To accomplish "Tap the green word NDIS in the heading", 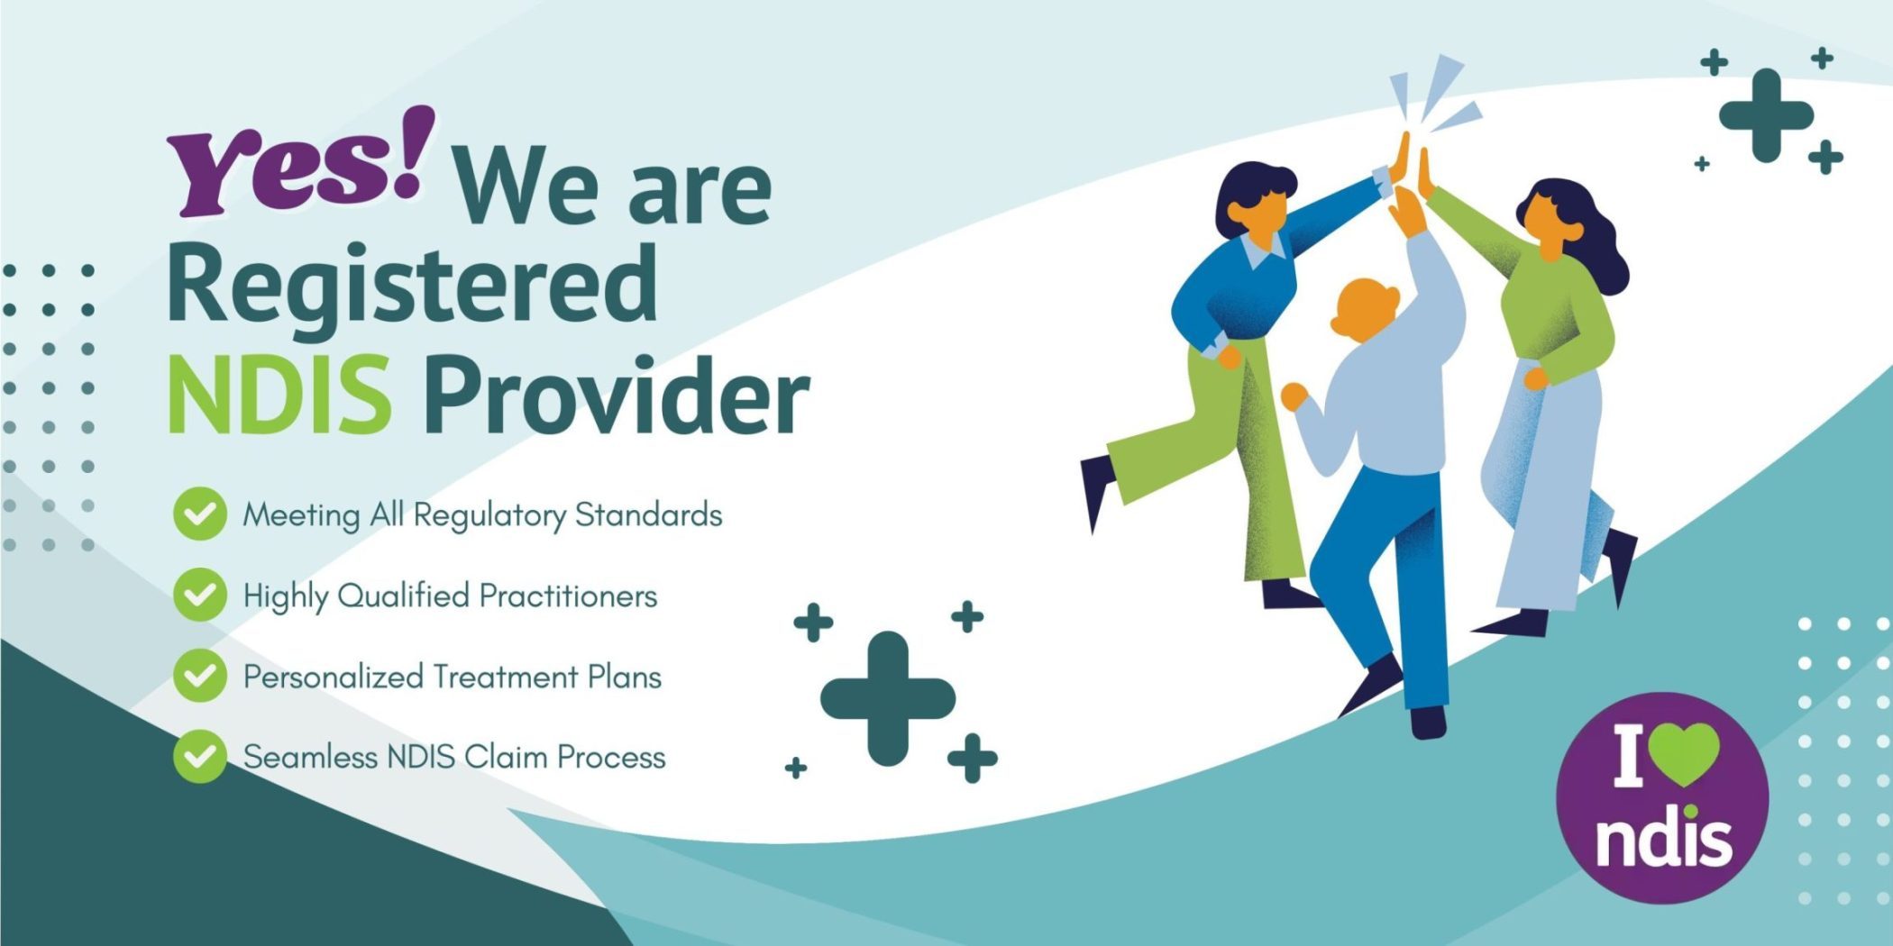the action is click(x=279, y=395).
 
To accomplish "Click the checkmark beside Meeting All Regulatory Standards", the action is click(x=199, y=514).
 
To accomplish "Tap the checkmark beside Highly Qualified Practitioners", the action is click(x=199, y=595).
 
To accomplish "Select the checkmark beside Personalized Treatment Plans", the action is click(x=199, y=676).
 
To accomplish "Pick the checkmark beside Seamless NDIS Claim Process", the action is click(x=199, y=755).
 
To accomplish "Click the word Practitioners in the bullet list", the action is click(x=568, y=596).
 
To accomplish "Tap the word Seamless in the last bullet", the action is click(x=310, y=757).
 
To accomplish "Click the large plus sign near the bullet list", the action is click(x=888, y=699).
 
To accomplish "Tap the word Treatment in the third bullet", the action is click(x=505, y=677).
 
